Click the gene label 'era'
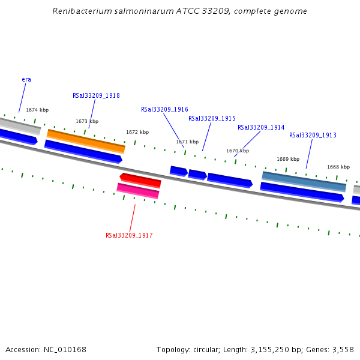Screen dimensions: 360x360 click(26, 79)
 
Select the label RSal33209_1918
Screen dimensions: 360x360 click(96, 95)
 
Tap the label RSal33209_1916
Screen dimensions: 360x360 click(164, 109)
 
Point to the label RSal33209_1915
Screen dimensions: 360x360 click(212, 118)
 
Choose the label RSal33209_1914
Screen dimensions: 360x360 click(261, 127)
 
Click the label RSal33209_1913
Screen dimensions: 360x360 click(313, 135)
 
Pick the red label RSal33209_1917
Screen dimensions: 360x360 click(129, 235)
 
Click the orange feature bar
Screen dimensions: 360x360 click(86, 140)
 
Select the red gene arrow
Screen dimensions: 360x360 click(140, 179)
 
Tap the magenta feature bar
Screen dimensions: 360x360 click(138, 190)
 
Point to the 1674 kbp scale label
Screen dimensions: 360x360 click(37, 110)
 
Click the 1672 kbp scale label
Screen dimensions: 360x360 click(137, 132)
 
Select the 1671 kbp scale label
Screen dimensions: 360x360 click(187, 142)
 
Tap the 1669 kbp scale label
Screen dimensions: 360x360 click(288, 159)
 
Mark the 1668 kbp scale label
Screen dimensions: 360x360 click(338, 167)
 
